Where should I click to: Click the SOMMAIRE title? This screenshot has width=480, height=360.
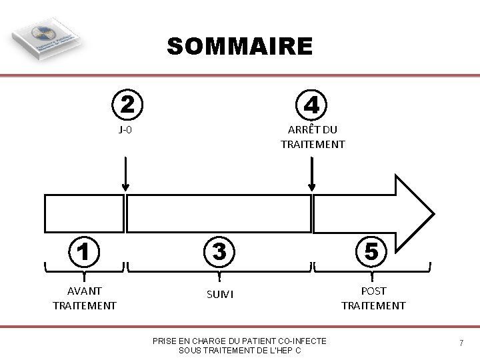click(239, 47)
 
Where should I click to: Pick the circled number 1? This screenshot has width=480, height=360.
click(84, 251)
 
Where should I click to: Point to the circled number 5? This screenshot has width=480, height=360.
click(373, 251)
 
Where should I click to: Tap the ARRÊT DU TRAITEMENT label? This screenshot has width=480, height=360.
click(313, 137)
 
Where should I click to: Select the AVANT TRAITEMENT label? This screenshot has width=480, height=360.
click(85, 298)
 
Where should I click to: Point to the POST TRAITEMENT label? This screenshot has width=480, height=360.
click(373, 298)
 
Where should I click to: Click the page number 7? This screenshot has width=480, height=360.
click(461, 343)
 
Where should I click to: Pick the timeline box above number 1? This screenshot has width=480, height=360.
click(84, 213)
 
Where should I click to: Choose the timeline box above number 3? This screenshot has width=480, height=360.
click(219, 213)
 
